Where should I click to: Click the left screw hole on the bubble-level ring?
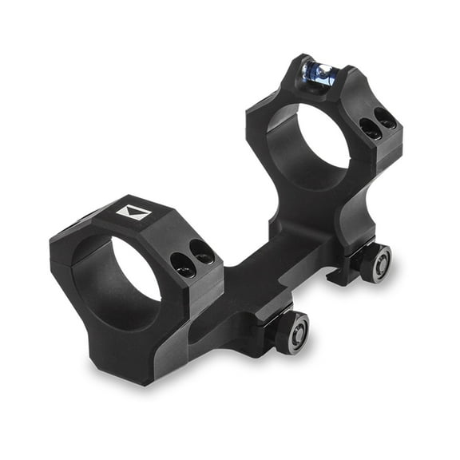pyautogui.click(x=369, y=128)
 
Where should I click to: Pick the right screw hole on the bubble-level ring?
pyautogui.click(x=386, y=119)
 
